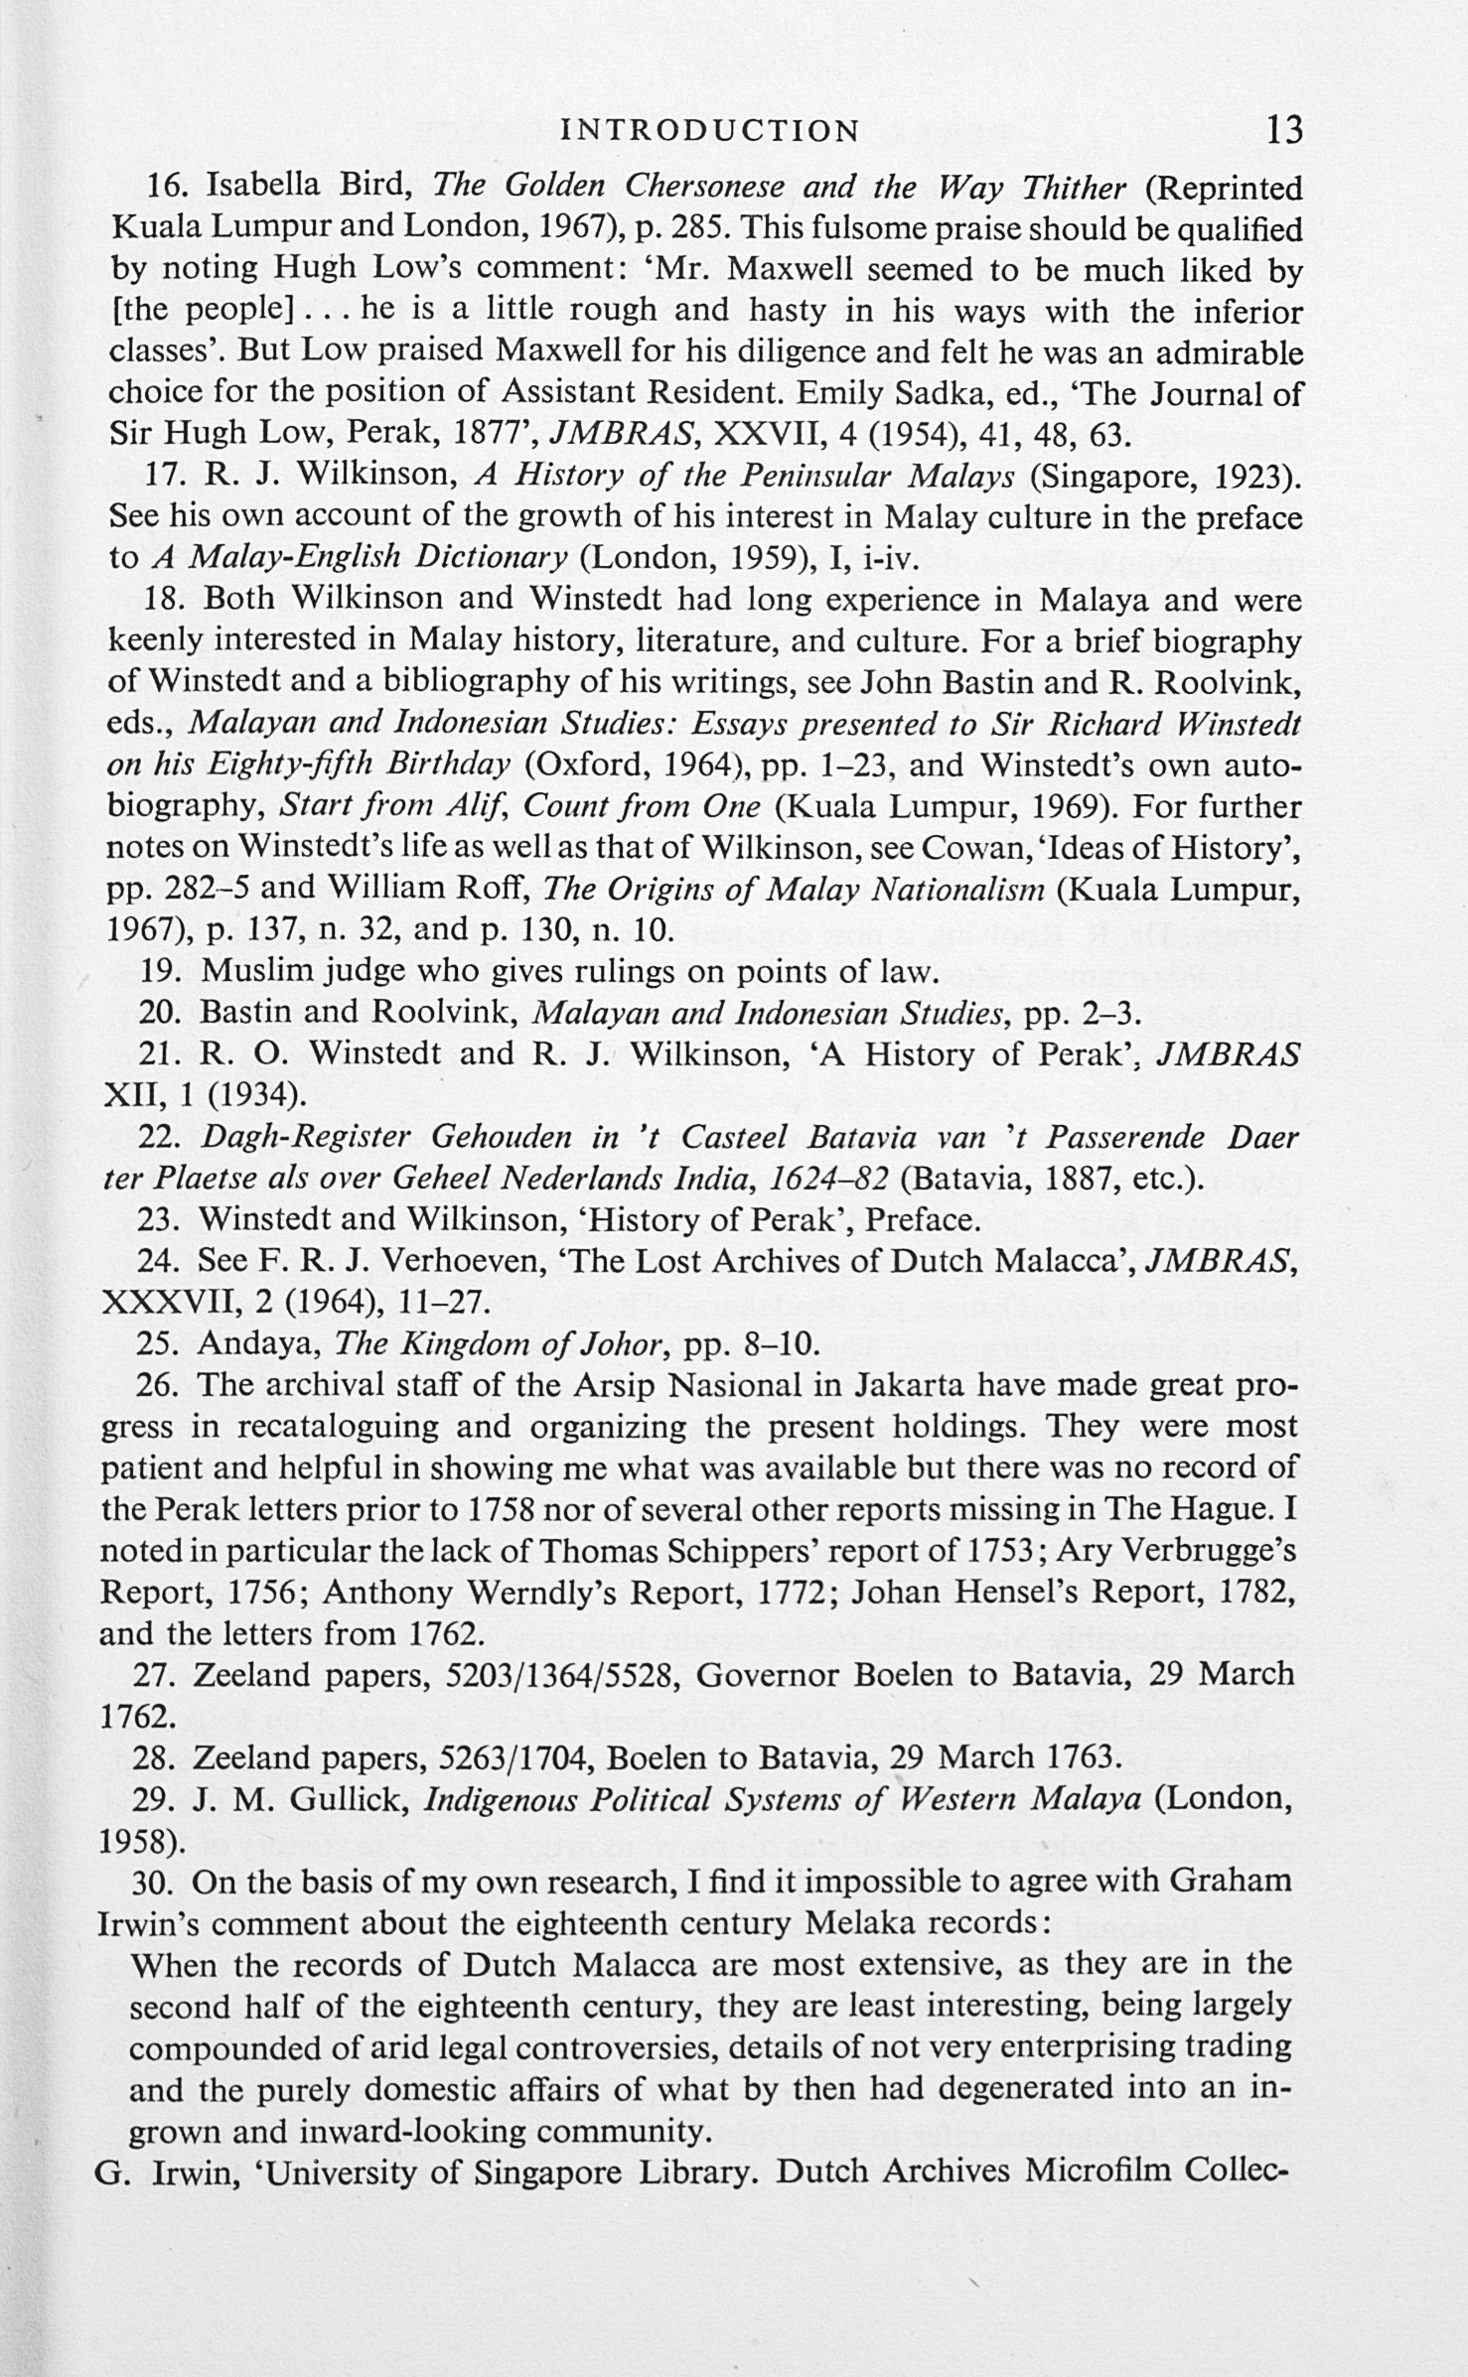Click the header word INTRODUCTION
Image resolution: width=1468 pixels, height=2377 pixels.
(710, 131)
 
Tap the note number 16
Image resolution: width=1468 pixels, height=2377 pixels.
(165, 187)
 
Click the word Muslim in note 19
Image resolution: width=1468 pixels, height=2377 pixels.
(250, 971)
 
